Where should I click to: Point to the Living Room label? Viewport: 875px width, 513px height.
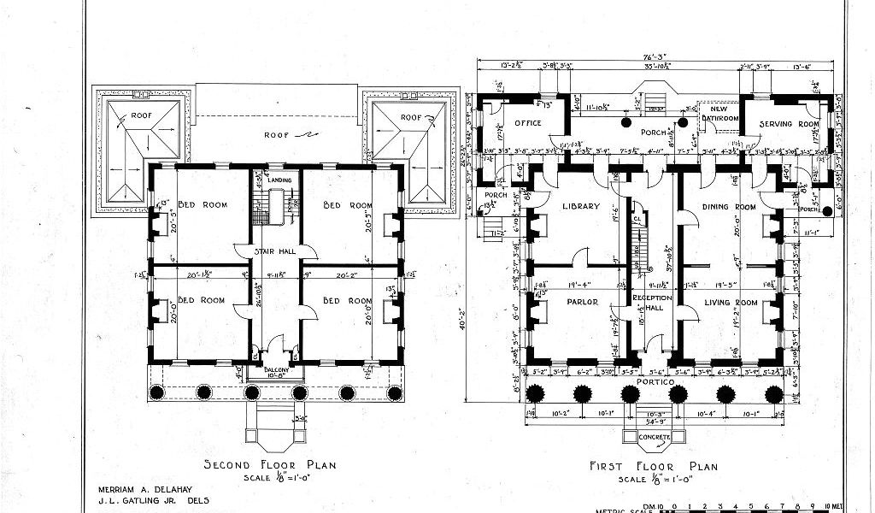(x=731, y=302)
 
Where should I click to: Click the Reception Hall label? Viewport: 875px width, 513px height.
(x=654, y=303)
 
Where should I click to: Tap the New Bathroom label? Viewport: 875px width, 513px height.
(x=714, y=112)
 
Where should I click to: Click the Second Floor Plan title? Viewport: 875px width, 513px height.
(x=269, y=465)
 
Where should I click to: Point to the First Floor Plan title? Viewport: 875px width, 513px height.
(x=654, y=466)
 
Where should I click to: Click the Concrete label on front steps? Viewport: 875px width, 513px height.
(x=655, y=438)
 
